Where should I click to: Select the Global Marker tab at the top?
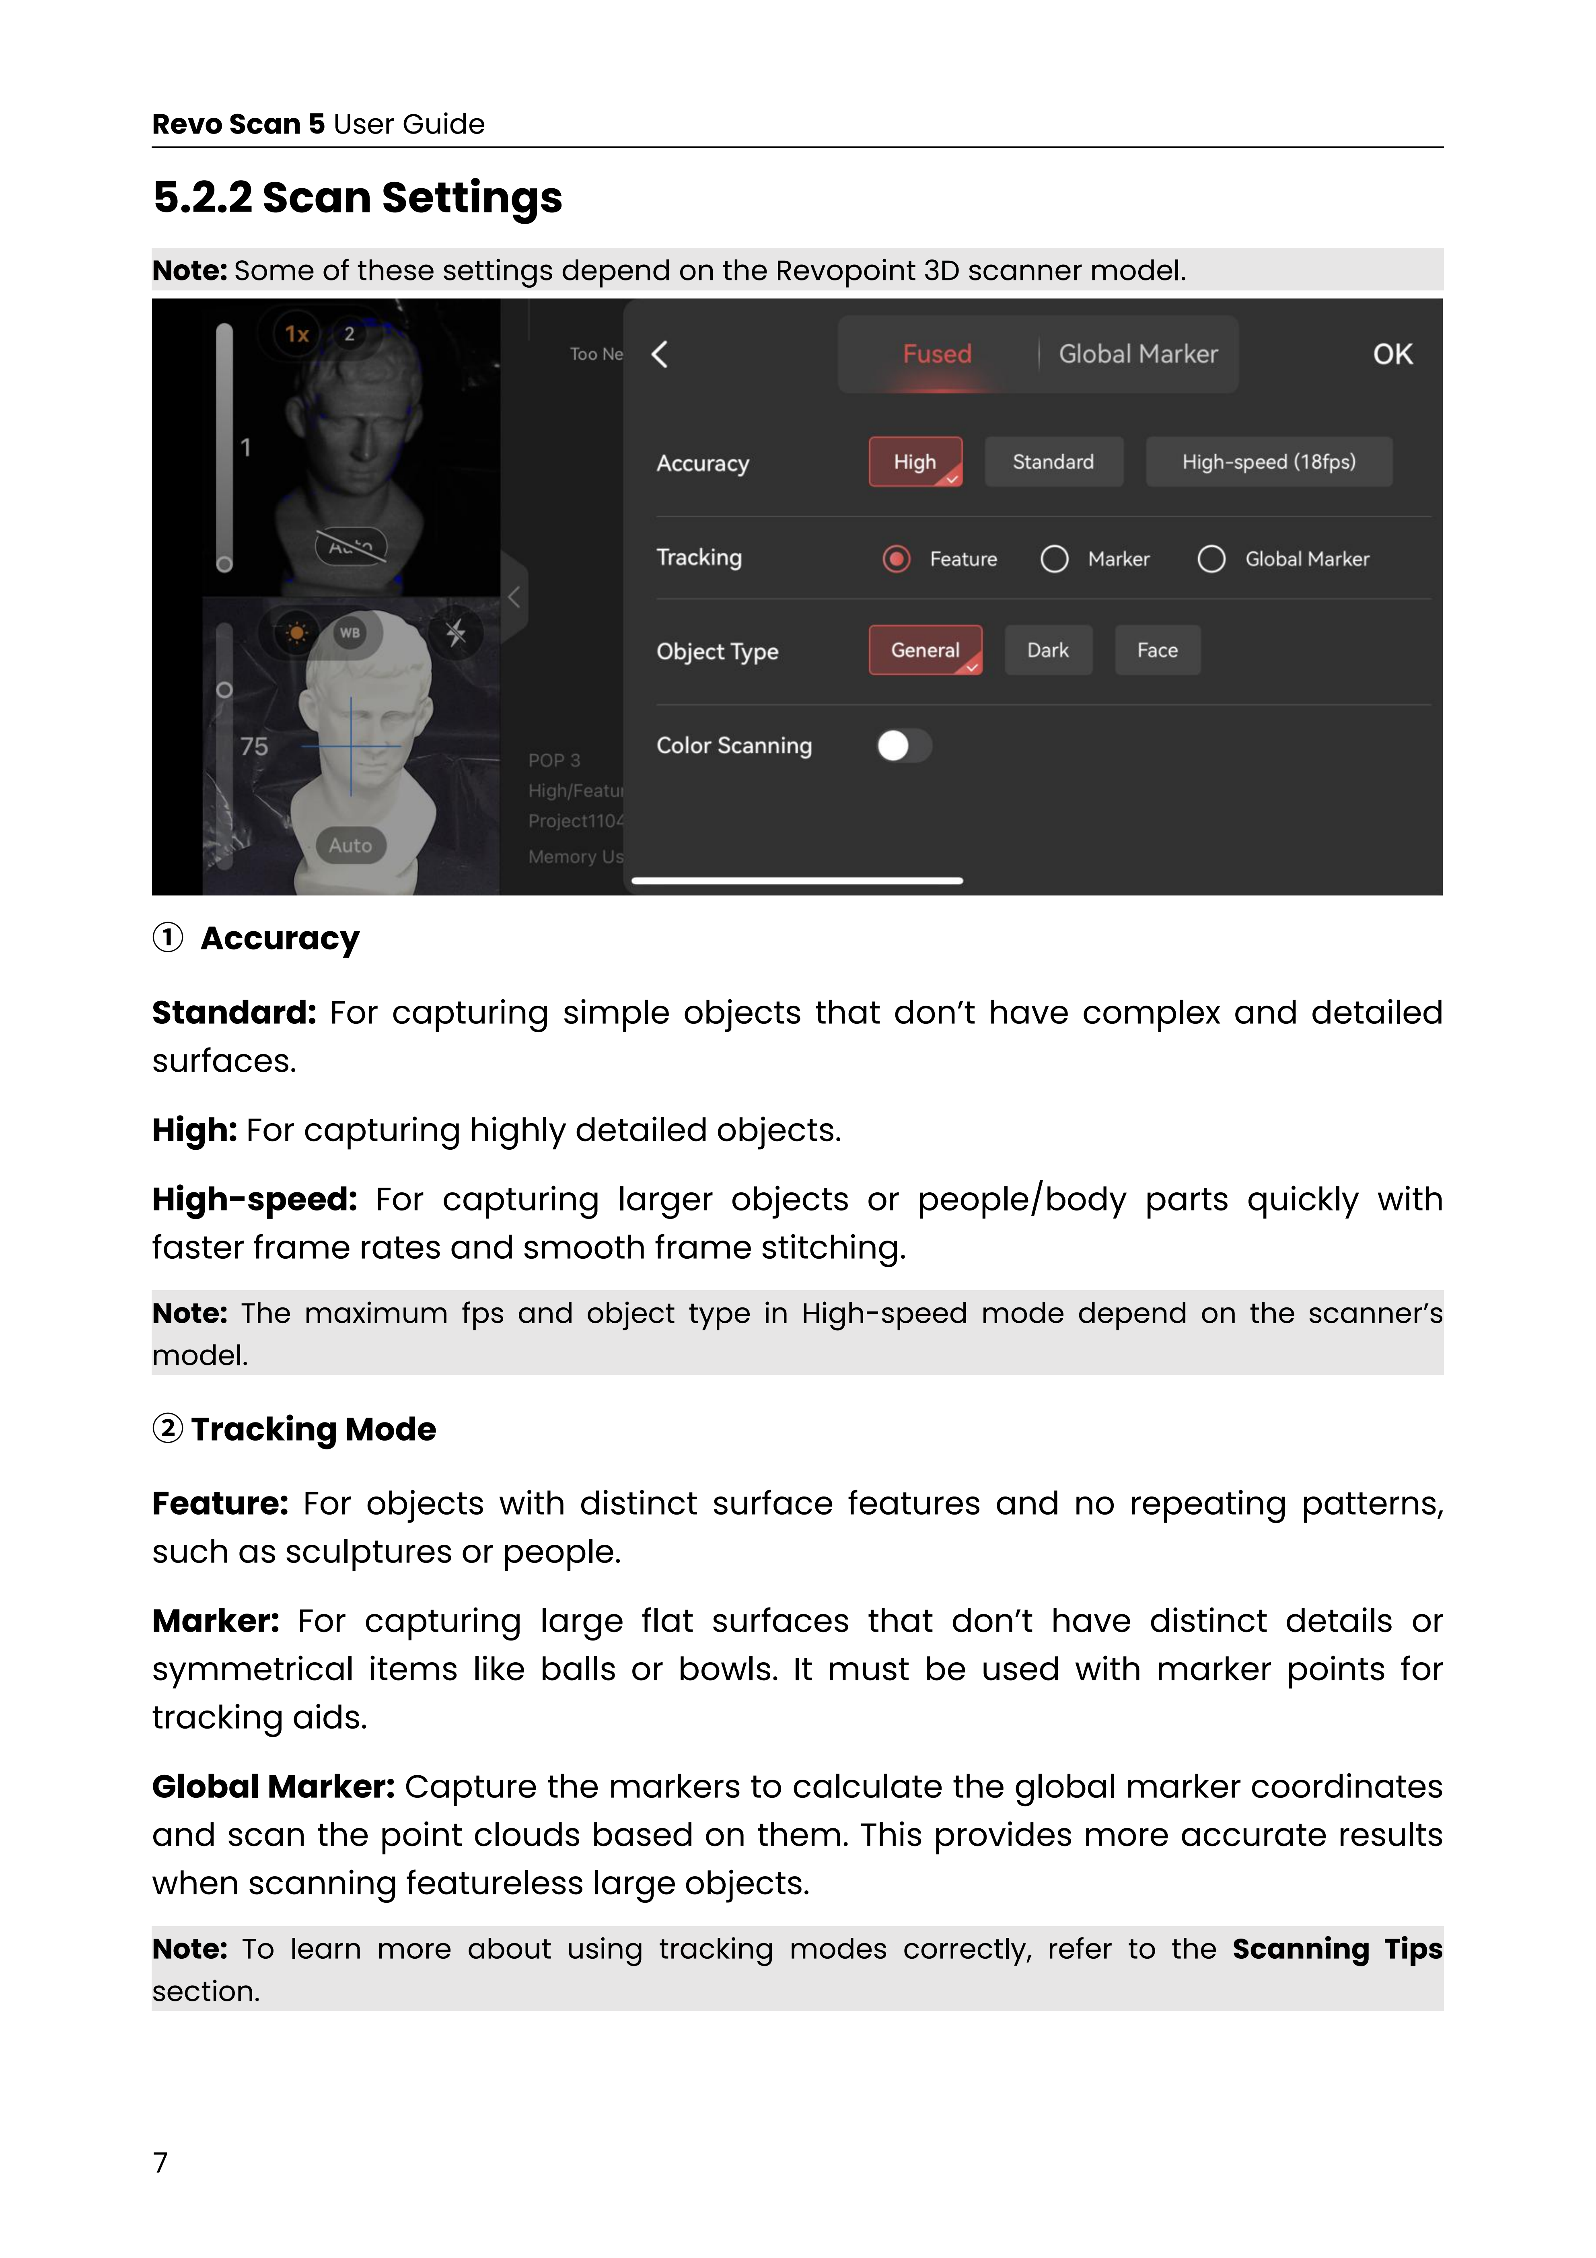coord(1138,354)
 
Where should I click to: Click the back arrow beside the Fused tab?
coord(660,354)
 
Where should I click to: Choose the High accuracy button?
coord(915,462)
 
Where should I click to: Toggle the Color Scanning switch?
coord(904,745)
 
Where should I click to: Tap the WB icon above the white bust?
coord(350,632)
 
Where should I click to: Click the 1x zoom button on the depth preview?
coord(297,334)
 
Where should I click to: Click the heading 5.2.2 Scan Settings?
coord(357,198)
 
